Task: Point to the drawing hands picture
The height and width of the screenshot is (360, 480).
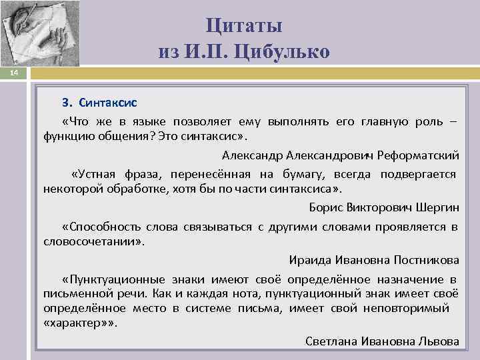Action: (39, 33)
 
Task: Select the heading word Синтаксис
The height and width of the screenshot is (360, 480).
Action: (108, 103)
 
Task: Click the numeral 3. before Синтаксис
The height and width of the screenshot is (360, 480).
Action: (66, 103)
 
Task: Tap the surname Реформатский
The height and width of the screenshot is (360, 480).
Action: (419, 155)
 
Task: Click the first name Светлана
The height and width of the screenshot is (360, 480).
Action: (332, 341)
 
